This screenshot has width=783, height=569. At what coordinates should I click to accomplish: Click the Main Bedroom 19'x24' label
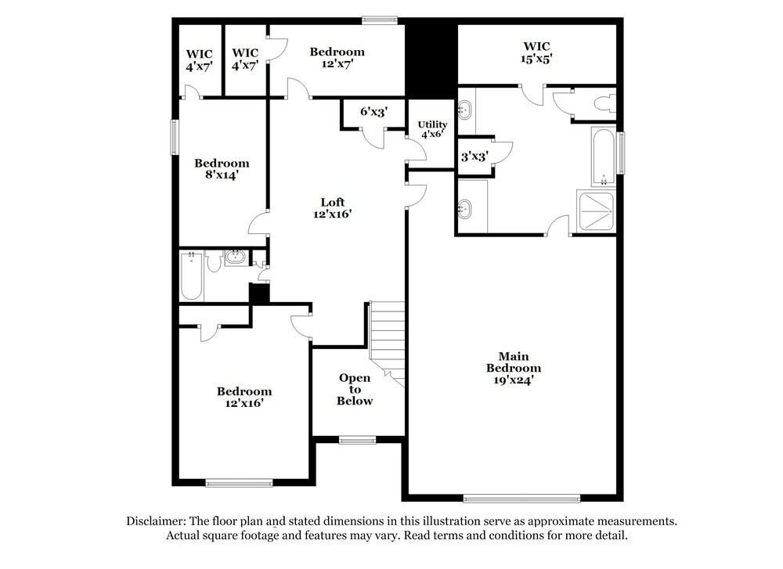point(514,368)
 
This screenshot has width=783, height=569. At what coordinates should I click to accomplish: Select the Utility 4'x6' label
point(431,129)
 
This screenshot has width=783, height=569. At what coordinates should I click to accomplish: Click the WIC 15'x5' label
point(537,52)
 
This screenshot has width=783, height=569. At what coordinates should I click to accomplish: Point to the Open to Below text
point(355,389)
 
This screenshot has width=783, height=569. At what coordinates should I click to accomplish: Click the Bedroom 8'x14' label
point(222,169)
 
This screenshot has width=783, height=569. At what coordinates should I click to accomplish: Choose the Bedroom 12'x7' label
point(337,58)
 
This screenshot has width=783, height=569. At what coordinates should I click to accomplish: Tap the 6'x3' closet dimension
point(373,112)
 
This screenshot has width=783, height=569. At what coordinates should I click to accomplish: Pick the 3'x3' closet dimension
point(474,157)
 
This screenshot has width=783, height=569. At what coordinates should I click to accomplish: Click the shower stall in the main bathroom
point(596,211)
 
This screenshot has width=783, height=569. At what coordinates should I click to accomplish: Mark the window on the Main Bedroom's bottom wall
point(521,497)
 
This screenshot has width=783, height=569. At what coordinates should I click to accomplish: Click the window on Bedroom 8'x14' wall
point(175,137)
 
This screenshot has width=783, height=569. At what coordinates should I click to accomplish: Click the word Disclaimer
point(155,520)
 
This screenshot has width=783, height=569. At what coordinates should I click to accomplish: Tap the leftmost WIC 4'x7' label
point(199,60)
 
